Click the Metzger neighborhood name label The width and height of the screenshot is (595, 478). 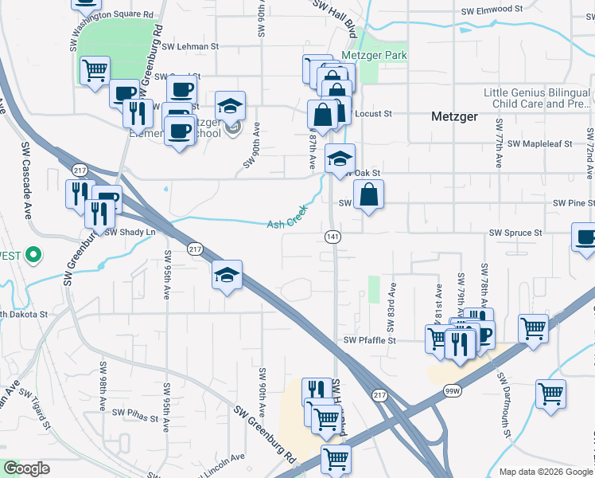454,116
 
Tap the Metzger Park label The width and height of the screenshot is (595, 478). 374,55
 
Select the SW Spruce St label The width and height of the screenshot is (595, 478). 515,233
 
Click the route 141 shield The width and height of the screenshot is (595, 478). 333,237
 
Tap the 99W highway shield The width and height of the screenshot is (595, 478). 453,390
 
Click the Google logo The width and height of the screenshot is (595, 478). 26,468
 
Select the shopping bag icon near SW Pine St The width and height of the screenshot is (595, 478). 369,196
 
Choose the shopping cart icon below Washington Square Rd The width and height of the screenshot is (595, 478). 95,69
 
